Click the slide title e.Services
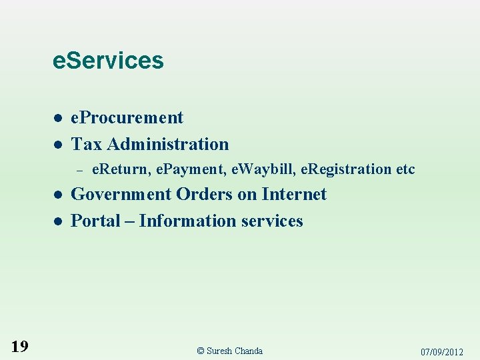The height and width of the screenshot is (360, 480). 108,61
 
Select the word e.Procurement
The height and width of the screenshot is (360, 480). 127,118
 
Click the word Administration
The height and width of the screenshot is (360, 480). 167,144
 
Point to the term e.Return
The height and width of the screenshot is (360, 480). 120,169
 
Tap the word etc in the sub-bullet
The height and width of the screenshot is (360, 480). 405,169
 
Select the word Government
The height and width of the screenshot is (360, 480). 121,195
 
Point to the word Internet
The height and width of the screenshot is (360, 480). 294,195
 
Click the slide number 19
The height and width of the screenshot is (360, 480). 20,346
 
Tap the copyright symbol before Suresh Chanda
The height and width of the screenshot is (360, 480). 201,351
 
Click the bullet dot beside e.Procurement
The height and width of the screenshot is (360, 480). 58,118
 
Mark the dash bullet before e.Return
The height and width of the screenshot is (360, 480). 78,170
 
